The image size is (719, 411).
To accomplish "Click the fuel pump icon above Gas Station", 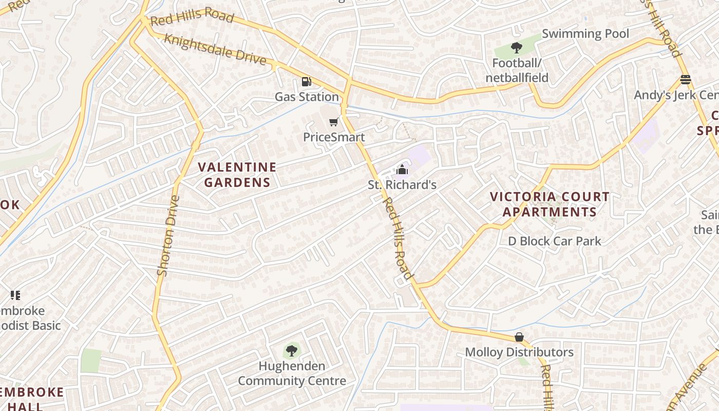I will (x=306, y=81).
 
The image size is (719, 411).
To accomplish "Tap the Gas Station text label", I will (x=307, y=97).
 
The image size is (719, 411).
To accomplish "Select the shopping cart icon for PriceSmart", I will (x=334, y=122).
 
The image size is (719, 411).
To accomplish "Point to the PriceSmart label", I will (x=334, y=137).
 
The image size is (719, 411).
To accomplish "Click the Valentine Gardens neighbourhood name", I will (x=237, y=175).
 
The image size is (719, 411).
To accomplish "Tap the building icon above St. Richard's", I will (x=402, y=169).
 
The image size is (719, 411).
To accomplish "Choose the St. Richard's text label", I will (x=402, y=184).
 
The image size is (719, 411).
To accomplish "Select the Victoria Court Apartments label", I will (x=550, y=204).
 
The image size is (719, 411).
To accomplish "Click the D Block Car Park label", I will (x=554, y=241).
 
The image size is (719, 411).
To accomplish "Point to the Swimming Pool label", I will (x=585, y=34).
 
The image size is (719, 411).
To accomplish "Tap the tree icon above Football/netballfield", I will (x=517, y=48).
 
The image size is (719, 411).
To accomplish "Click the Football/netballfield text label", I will (x=517, y=70).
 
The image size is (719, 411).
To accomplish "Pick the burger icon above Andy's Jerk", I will (x=685, y=80).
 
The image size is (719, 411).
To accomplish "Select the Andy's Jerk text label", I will (x=675, y=95).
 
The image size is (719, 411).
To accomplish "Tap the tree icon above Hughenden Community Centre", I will (x=291, y=351).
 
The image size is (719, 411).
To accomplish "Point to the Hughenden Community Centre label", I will (x=292, y=373).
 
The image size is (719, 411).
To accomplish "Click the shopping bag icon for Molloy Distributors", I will (x=519, y=337).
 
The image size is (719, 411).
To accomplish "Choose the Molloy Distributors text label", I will (x=519, y=352).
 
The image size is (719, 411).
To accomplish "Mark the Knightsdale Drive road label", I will (x=215, y=50).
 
